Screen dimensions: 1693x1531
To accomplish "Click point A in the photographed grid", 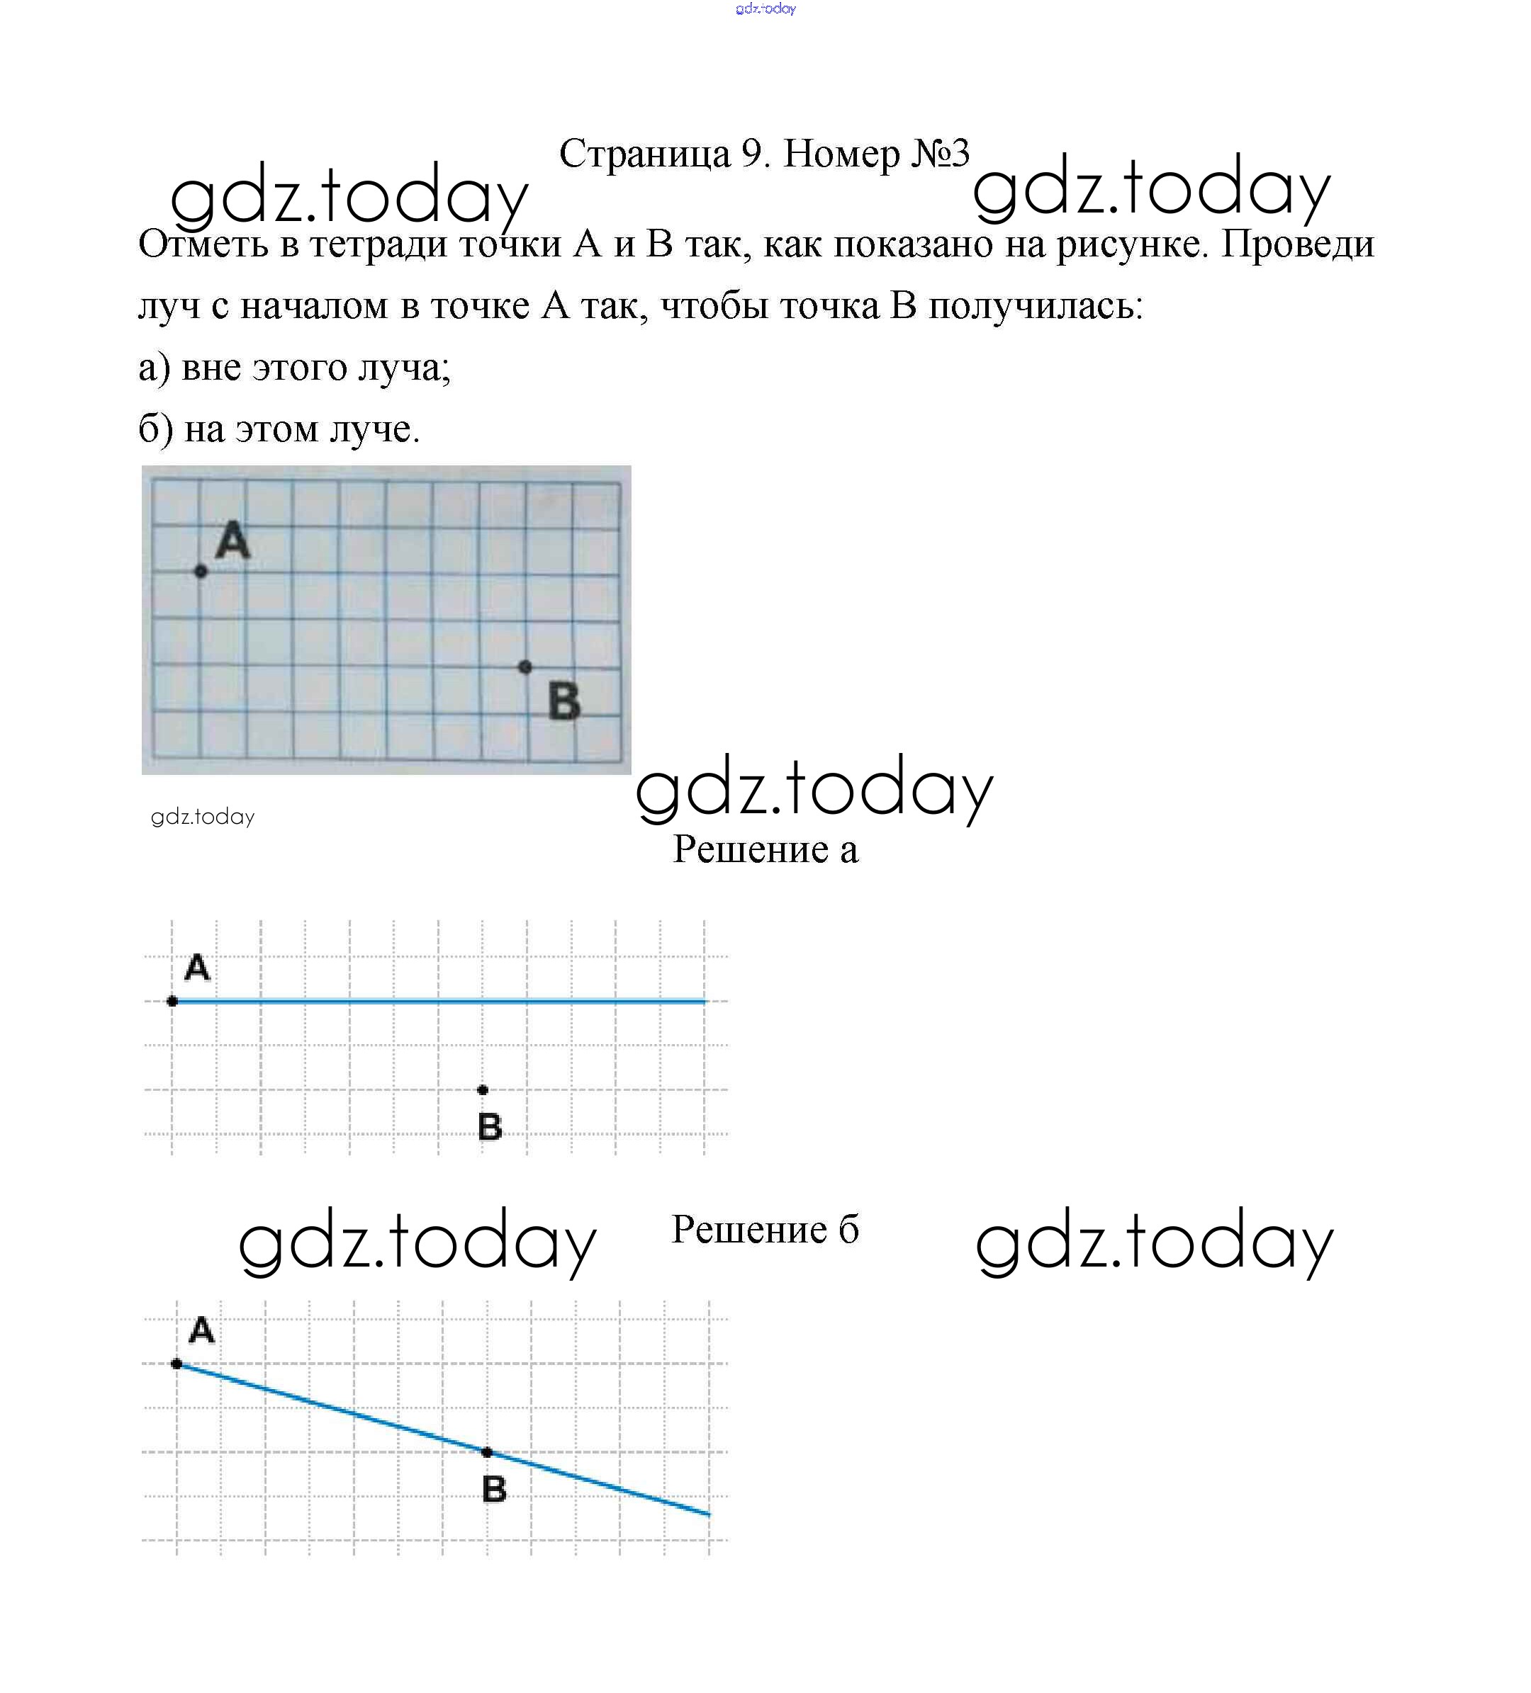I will pyautogui.click(x=200, y=571).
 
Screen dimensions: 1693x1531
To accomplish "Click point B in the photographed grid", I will pyautogui.click(x=525, y=667).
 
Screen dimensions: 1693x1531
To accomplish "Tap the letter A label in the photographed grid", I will pyautogui.click(x=232, y=539).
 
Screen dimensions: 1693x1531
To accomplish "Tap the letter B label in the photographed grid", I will pyautogui.click(x=563, y=701).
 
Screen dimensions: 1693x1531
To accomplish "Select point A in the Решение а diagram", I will pyautogui.click(x=172, y=1001).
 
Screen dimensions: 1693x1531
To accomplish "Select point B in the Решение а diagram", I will pyautogui.click(x=482, y=1090).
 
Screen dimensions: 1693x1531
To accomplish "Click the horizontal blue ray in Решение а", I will pyautogui.click(x=437, y=1001).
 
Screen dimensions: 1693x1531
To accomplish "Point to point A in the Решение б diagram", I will pyautogui.click(x=176, y=1364).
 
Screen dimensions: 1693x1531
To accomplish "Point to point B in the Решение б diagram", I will pyautogui.click(x=486, y=1452).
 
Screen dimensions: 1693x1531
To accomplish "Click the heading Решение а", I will pyautogui.click(x=765, y=850).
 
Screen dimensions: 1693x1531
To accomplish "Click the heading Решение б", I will pyautogui.click(x=765, y=1230).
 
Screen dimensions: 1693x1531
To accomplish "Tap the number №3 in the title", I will pyautogui.click(x=941, y=154).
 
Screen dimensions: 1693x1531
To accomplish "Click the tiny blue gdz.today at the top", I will pyautogui.click(x=765, y=9).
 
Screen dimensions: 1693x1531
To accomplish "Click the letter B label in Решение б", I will pyautogui.click(x=494, y=1489).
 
